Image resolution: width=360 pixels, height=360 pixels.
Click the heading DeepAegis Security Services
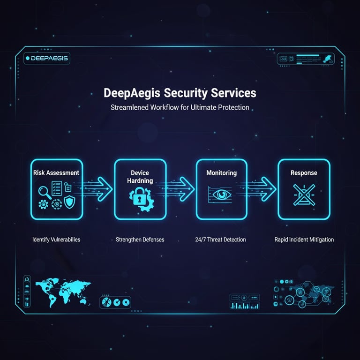(180, 93)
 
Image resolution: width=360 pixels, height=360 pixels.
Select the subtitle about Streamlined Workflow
(180, 107)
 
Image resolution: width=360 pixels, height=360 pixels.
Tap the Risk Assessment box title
(56, 172)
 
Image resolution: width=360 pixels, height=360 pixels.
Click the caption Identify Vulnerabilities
(56, 240)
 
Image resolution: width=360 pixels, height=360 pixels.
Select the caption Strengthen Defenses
(140, 240)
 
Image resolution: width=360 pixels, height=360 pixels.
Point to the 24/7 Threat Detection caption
(221, 240)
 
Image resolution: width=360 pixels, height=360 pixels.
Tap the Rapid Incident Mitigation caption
(304, 240)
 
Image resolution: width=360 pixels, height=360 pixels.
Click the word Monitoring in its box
(221, 173)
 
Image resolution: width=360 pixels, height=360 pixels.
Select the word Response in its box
(304, 173)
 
